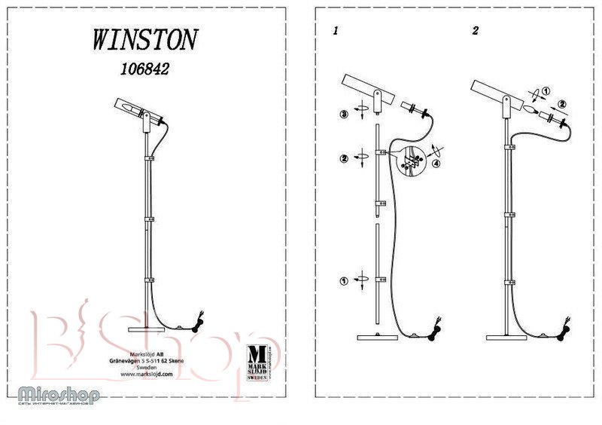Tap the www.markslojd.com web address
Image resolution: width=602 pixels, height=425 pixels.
coord(145,374)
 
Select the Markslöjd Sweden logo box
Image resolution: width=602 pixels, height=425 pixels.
coord(257,362)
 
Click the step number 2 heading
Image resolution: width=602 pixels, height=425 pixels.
coord(475,32)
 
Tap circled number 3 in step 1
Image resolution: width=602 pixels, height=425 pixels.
coord(344,114)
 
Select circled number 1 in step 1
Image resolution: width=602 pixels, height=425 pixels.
coord(343,281)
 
